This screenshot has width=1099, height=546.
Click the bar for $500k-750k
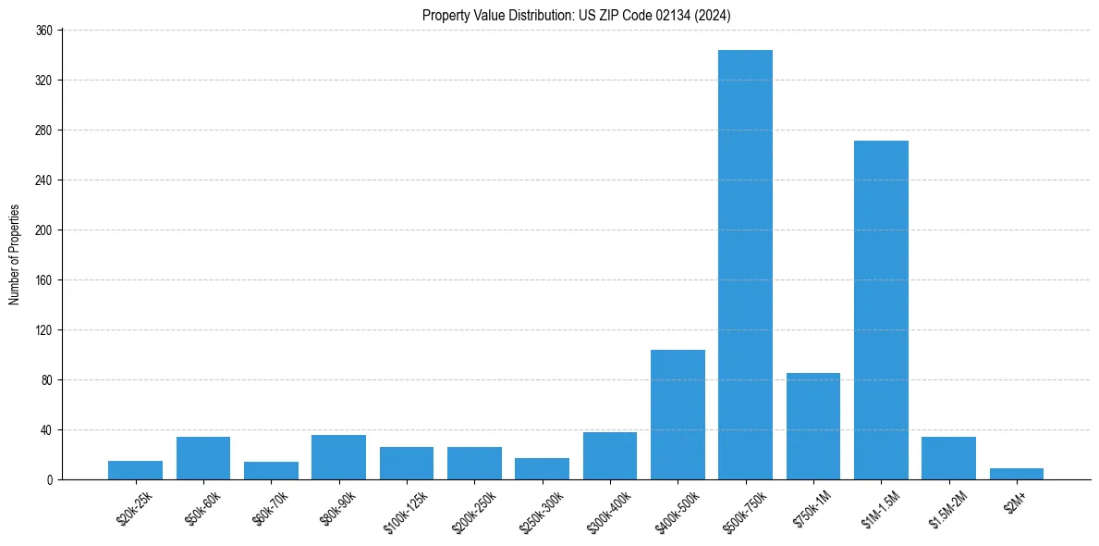coord(745,265)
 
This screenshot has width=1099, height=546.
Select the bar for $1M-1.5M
coord(881,310)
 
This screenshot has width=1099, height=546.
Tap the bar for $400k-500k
coord(678,415)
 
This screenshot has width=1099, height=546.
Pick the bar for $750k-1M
coord(813,426)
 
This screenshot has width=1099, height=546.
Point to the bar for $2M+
coord(1017,474)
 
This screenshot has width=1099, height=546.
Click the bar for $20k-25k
coord(135,470)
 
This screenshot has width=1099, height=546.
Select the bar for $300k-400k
coord(610,455)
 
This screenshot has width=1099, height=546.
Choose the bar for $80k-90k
coord(338,457)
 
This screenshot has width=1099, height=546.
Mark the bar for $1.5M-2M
coord(948,458)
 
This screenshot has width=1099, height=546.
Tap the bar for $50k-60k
coord(203,458)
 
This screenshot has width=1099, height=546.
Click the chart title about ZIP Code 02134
coord(577,15)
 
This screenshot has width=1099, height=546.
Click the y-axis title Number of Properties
coord(14,254)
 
